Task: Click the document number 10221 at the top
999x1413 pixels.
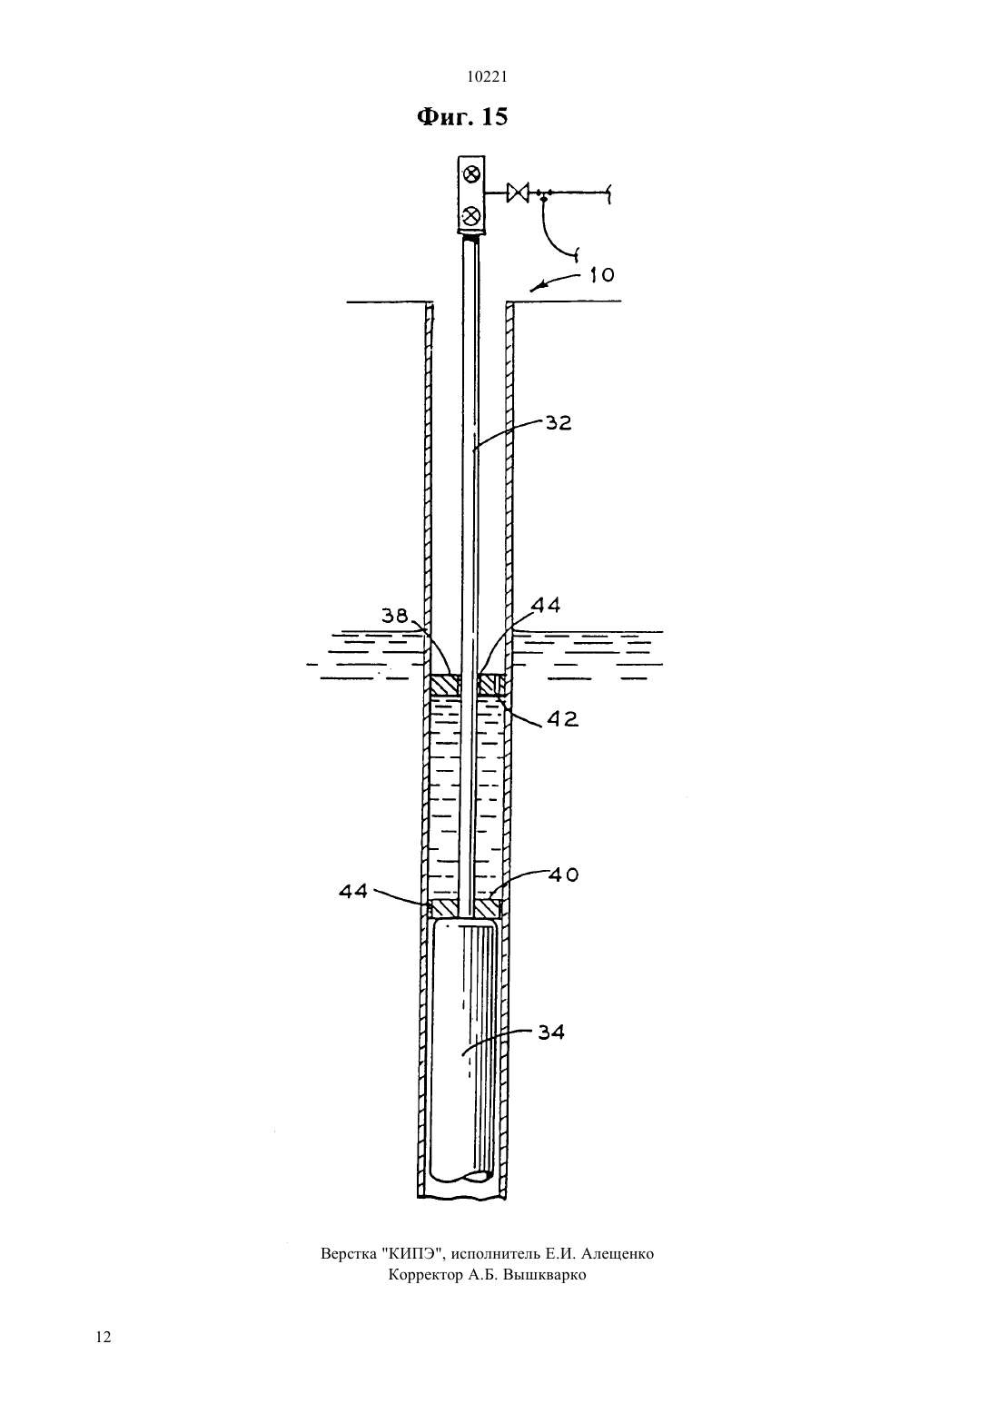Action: [x=487, y=77]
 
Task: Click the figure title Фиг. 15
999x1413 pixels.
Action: [x=462, y=117]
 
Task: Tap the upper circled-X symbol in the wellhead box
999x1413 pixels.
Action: [x=471, y=173]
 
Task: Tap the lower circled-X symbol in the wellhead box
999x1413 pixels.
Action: [x=470, y=216]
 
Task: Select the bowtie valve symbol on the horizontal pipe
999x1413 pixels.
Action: [x=517, y=192]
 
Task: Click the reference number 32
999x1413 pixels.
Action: [x=559, y=422]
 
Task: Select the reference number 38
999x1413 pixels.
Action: [x=395, y=615]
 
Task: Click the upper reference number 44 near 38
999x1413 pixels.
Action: [x=546, y=606]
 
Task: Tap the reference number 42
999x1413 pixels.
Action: [x=562, y=718]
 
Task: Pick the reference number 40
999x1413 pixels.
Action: [x=563, y=874]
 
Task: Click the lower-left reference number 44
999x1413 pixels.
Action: [x=353, y=891]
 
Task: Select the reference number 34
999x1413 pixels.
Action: [x=550, y=1033]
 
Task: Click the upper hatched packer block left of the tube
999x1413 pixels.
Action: [x=445, y=685]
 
